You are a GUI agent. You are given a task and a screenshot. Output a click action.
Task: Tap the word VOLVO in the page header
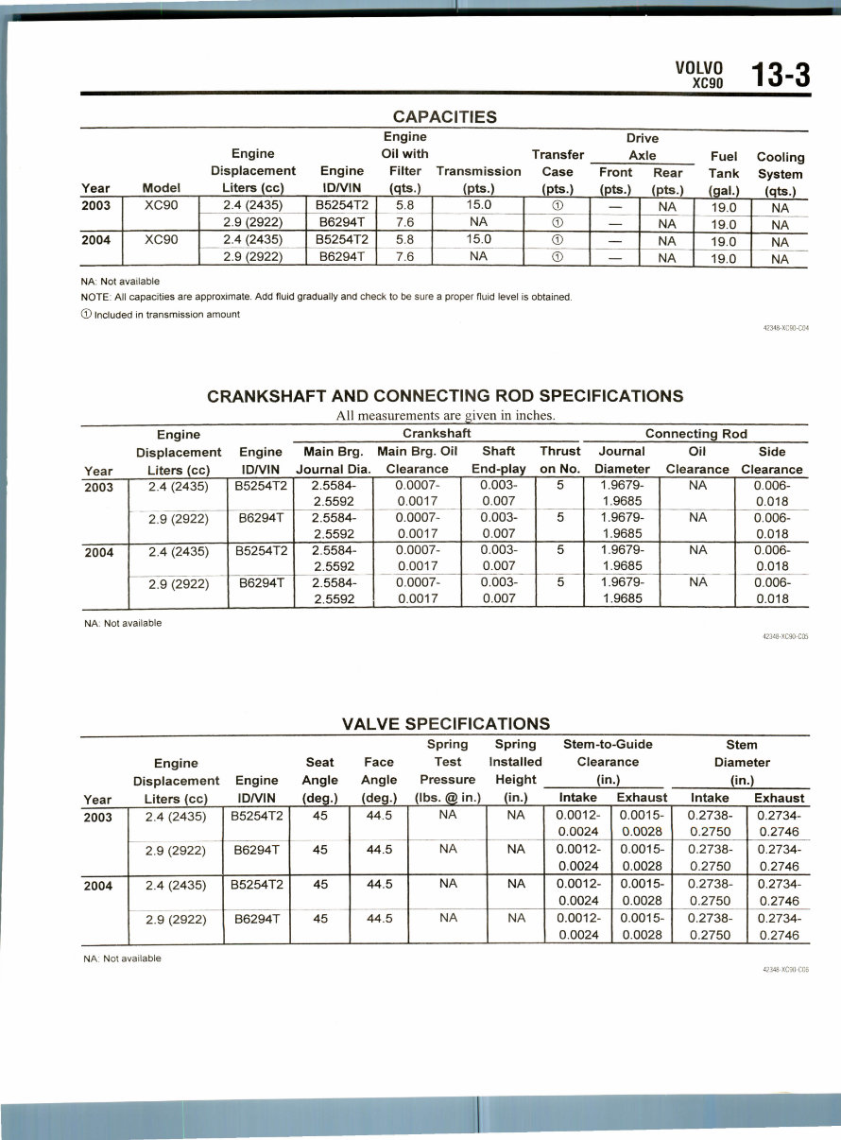tap(699, 68)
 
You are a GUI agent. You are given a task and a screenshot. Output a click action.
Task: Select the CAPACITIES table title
tap(444, 117)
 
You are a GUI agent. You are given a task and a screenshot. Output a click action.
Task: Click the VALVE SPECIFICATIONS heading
tap(445, 724)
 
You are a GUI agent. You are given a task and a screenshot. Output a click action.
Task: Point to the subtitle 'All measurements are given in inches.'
tap(445, 415)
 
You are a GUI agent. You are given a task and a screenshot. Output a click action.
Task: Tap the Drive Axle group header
tap(642, 147)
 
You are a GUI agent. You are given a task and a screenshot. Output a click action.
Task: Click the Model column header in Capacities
tap(161, 188)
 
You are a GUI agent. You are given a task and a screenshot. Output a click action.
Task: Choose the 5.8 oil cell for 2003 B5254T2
tap(404, 205)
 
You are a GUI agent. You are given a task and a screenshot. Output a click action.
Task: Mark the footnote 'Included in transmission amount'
tap(161, 315)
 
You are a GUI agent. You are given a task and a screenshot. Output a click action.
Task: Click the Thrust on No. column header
tap(559, 459)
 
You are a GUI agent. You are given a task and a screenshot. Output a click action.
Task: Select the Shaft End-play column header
tap(498, 459)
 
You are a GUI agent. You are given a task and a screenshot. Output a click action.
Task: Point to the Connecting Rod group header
tap(695, 434)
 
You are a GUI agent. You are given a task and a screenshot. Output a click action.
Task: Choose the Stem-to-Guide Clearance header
tap(608, 761)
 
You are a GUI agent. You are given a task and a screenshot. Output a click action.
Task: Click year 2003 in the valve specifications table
tap(98, 818)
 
